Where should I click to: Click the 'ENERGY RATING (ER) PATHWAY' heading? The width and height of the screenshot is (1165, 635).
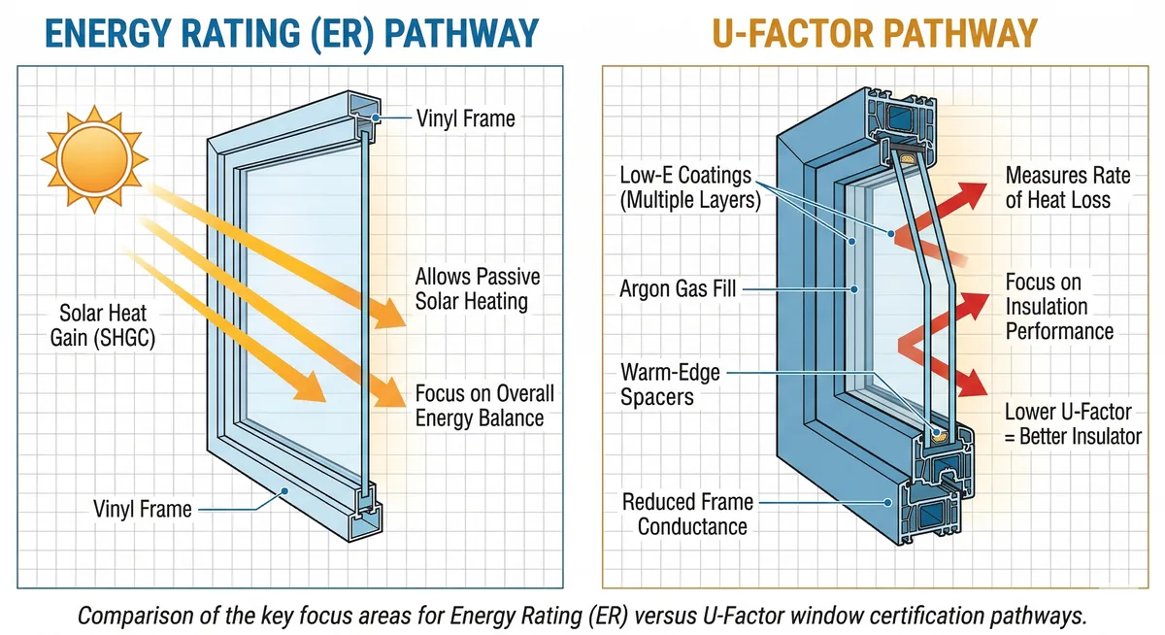(x=291, y=34)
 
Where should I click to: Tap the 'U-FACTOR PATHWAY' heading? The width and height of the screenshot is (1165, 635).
(x=875, y=34)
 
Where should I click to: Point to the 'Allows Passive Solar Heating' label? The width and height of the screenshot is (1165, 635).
(x=477, y=288)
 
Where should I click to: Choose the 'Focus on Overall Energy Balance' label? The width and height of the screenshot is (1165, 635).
(x=484, y=406)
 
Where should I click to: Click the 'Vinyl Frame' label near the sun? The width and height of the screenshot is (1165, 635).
(x=466, y=119)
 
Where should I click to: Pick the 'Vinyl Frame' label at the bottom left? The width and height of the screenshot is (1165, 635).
(x=143, y=508)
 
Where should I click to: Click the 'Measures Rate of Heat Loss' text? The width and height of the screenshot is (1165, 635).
(x=1068, y=187)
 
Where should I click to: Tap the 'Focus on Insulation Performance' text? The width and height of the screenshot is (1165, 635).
(x=1059, y=307)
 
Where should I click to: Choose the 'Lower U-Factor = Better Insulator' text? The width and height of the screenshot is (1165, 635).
(x=1073, y=424)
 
